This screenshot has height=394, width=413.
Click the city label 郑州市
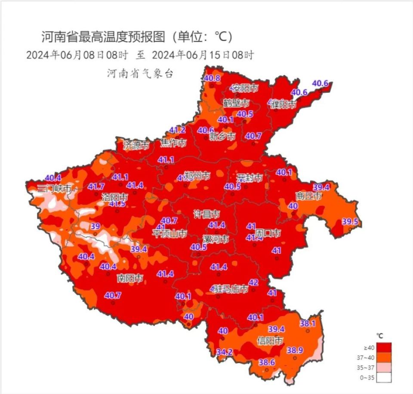pos(197,176)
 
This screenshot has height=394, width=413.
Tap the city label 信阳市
pos(270,341)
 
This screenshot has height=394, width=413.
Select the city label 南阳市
pos(130,278)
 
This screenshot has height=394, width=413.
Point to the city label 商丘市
pos(308,196)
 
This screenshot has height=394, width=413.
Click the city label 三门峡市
pos(53,188)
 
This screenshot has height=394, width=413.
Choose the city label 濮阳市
pos(283,104)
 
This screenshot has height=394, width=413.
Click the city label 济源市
pos(136,145)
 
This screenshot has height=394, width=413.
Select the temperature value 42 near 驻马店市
pos(253,282)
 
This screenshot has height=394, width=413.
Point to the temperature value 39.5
pos(350,222)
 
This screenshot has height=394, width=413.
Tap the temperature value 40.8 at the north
pos(212,78)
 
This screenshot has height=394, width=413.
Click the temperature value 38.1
pos(308,323)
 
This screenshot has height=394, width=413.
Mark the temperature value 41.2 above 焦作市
pos(177,130)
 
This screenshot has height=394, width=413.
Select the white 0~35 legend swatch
pos(385,378)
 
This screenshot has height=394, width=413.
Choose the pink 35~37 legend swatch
pos(385,367)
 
